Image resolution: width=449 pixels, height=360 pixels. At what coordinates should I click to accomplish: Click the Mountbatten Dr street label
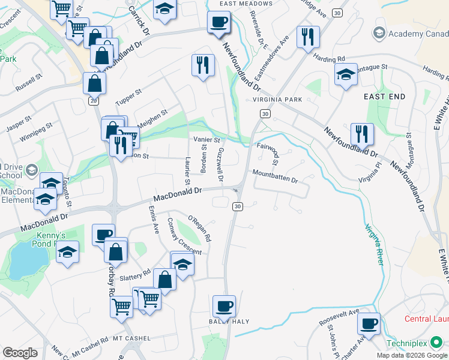(x=275, y=179)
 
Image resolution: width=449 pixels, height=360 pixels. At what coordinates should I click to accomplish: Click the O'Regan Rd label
(x=200, y=229)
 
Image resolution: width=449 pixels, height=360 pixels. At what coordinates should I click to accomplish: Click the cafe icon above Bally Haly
(x=224, y=306)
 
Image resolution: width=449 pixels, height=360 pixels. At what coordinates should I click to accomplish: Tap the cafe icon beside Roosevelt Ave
(x=368, y=323)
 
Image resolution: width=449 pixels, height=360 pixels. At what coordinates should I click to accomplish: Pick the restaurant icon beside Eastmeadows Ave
(x=308, y=37)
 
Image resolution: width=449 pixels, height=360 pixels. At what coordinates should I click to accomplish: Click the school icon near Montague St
(x=345, y=75)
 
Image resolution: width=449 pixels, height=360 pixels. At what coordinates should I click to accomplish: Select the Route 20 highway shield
(x=93, y=101)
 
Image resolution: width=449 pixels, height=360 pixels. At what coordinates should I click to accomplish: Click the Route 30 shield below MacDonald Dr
(x=238, y=206)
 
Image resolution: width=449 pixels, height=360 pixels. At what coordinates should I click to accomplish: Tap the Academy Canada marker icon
(x=379, y=32)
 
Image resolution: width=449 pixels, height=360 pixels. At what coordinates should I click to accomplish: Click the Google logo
(x=19, y=353)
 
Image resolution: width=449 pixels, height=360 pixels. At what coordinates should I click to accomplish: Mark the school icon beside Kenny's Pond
(x=68, y=253)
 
